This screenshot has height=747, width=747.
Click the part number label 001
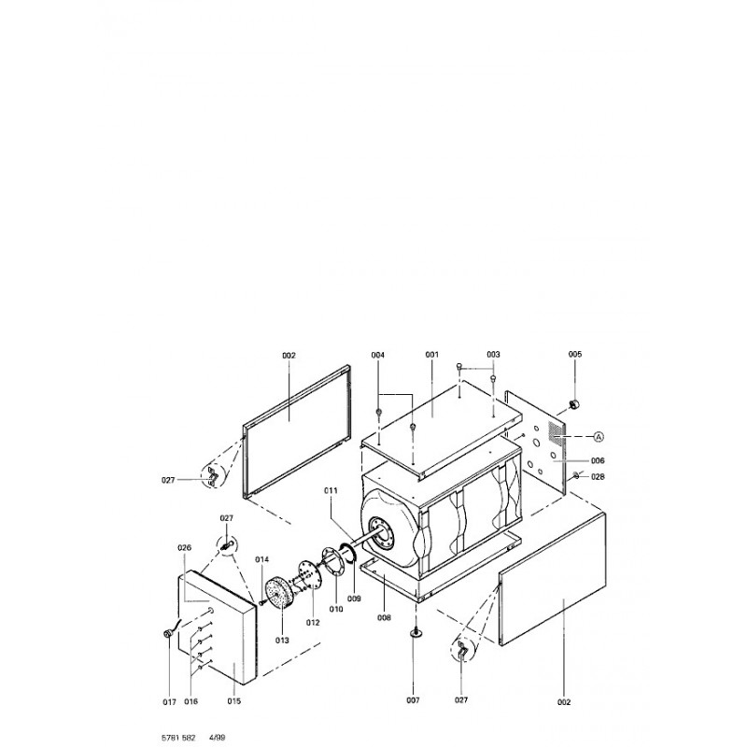click(431, 355)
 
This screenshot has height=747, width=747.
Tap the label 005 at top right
click(575, 354)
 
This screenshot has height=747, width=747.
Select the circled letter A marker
click(599, 436)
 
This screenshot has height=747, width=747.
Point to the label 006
click(598, 460)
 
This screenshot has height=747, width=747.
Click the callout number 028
click(598, 476)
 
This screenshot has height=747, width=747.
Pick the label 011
click(331, 490)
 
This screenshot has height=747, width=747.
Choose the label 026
click(184, 548)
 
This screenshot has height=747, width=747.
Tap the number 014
click(262, 559)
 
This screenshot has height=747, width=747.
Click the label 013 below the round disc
click(282, 641)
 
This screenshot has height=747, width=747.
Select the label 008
click(384, 617)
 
